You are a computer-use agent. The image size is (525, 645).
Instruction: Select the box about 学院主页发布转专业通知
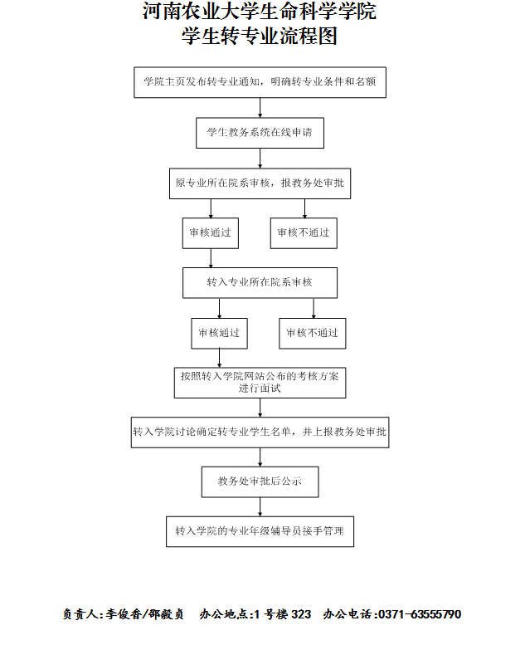click(x=260, y=82)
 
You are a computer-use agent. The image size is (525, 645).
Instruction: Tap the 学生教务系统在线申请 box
click(x=260, y=132)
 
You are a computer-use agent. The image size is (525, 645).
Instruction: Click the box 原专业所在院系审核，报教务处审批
click(x=260, y=183)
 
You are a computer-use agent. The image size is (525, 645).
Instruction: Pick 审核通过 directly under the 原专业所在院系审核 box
click(x=211, y=232)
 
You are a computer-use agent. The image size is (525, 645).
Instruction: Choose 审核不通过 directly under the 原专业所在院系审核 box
click(x=304, y=232)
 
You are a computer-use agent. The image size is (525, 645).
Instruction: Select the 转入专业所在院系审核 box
click(x=260, y=282)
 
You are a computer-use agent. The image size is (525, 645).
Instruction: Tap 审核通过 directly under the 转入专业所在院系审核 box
click(x=219, y=333)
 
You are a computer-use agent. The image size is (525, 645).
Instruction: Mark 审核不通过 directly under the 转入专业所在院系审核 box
click(x=313, y=333)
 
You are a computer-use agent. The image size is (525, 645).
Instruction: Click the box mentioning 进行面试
click(x=260, y=382)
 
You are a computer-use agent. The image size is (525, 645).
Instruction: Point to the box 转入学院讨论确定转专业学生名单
click(x=260, y=432)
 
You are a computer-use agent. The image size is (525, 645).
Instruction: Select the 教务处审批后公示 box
click(x=260, y=481)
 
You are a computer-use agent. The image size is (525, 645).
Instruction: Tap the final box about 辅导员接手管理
click(x=260, y=530)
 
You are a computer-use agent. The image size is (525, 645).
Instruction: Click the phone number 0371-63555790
click(x=420, y=615)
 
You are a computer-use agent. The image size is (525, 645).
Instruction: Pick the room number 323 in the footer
click(x=300, y=615)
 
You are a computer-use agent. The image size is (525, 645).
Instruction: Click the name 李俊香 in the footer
click(x=122, y=615)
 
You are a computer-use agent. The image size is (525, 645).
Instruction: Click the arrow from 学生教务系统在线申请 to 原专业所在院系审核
click(x=260, y=158)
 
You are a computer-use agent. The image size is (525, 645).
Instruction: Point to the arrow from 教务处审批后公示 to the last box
click(x=260, y=506)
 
